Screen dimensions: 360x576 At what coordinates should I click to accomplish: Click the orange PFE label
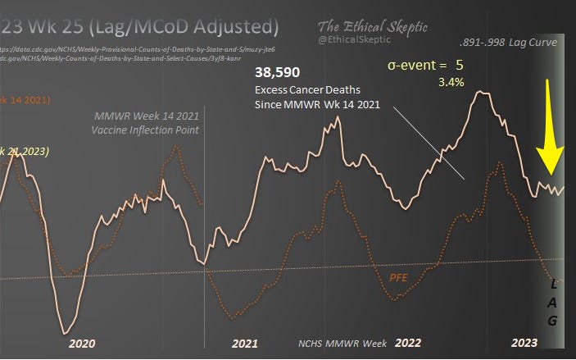(399, 277)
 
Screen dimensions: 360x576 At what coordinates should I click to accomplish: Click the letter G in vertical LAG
(553, 321)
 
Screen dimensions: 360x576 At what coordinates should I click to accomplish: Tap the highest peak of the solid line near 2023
(483, 93)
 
